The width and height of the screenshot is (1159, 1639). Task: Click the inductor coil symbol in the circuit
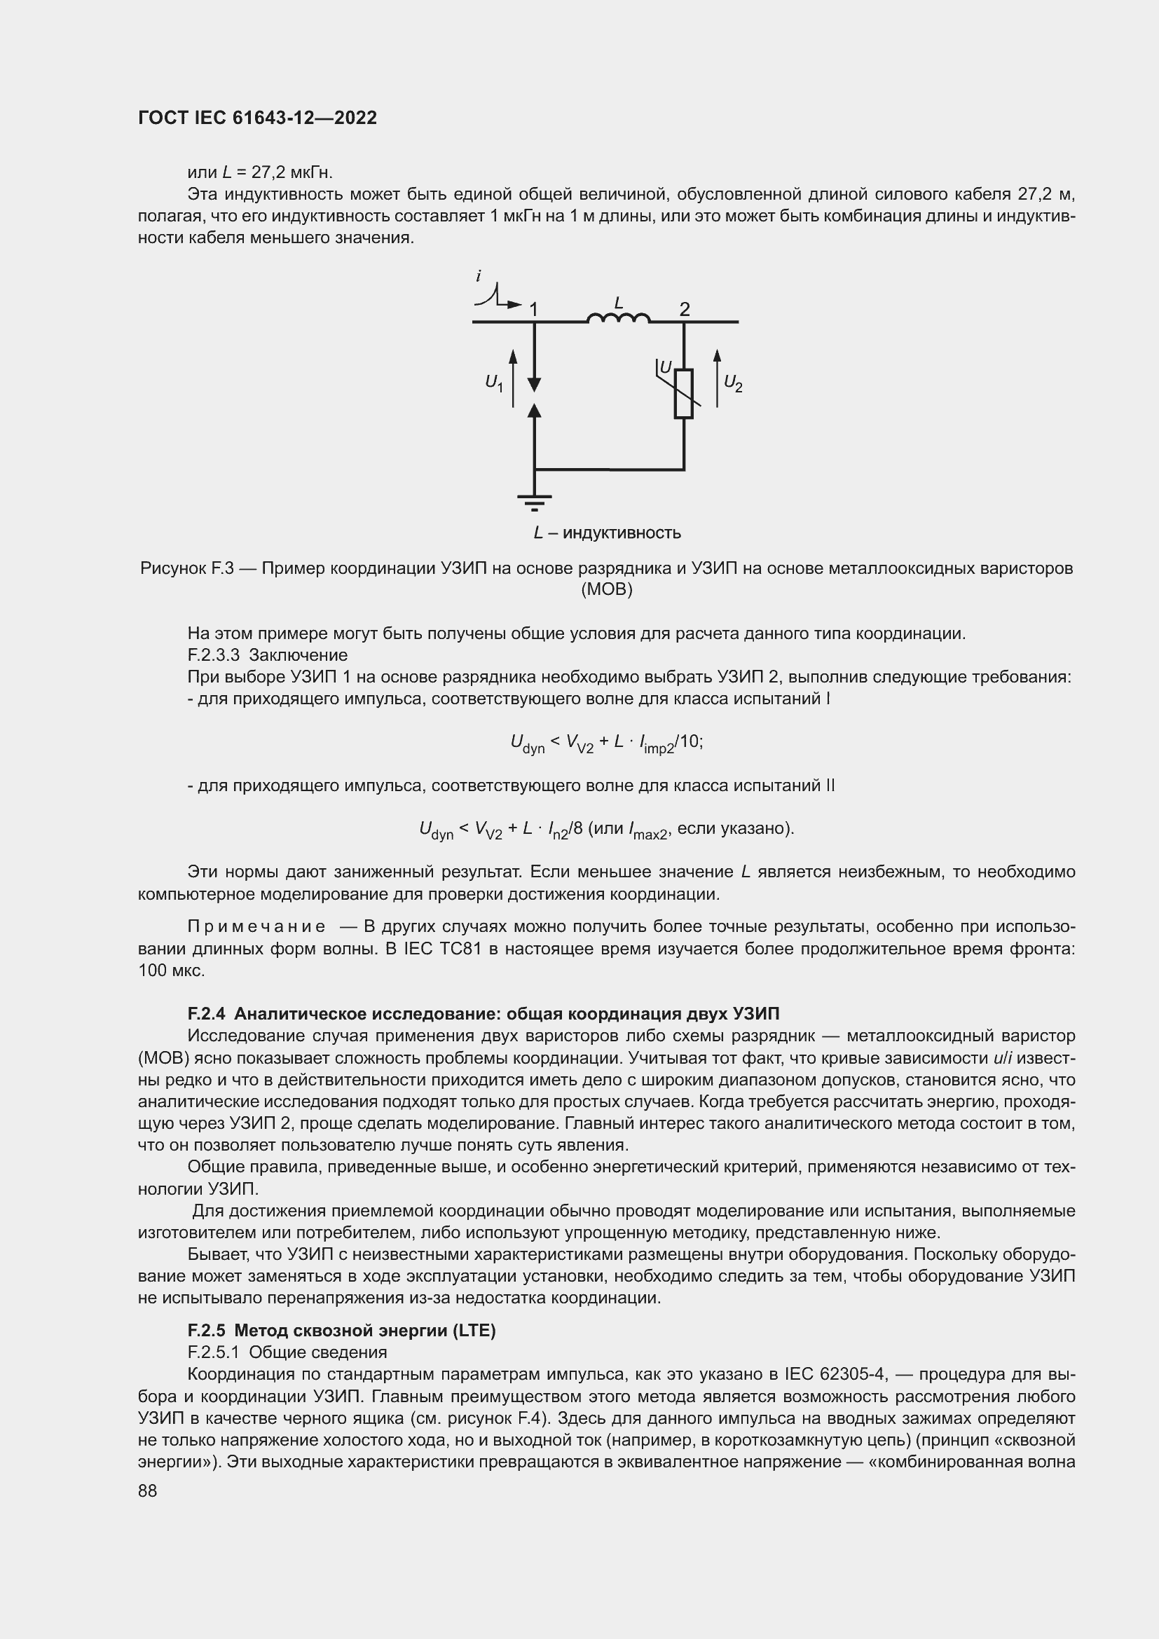618,318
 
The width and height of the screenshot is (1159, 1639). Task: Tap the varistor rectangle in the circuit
683,393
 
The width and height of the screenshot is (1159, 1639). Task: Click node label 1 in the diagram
533,309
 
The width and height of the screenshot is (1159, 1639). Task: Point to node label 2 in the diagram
685,309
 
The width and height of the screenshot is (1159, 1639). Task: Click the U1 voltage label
494,383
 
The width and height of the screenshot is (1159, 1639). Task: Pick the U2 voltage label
733,383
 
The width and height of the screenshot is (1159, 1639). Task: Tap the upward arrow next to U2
717,378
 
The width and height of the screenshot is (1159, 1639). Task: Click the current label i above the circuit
479,275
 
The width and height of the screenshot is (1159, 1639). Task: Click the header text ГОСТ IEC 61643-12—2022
257,118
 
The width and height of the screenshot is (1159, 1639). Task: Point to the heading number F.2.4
206,1014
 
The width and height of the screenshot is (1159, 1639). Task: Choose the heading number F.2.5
206,1331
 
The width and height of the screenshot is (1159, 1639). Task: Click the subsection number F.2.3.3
214,654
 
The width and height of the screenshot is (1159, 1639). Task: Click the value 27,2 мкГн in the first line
293,173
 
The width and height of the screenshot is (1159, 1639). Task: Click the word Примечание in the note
256,926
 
